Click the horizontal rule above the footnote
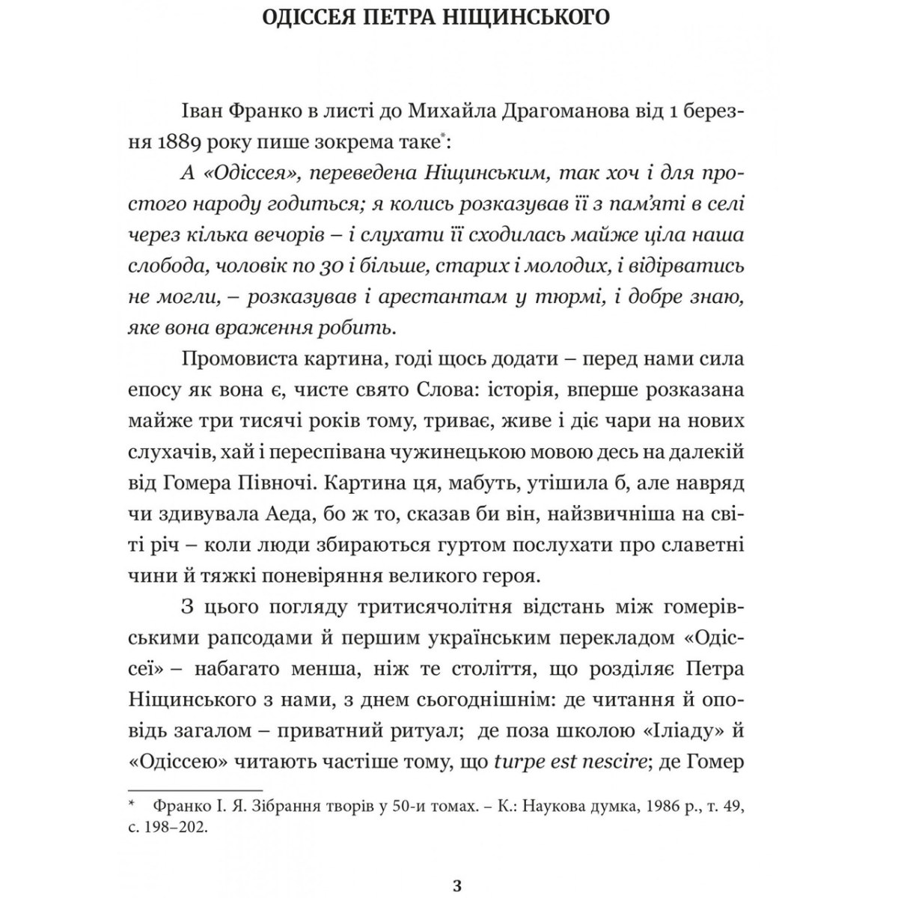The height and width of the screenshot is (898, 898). (x=196, y=789)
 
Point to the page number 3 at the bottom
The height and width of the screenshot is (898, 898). (x=458, y=888)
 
